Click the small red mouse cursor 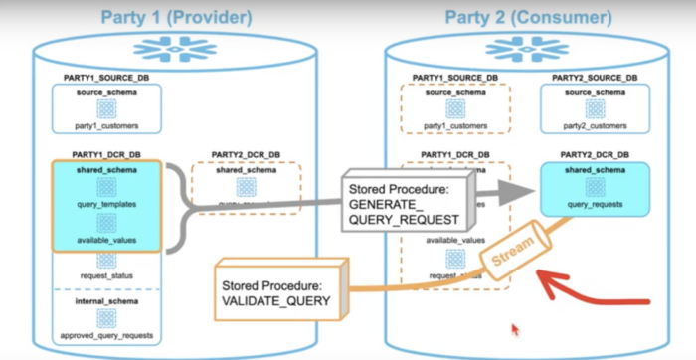pyautogui.click(x=513, y=327)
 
